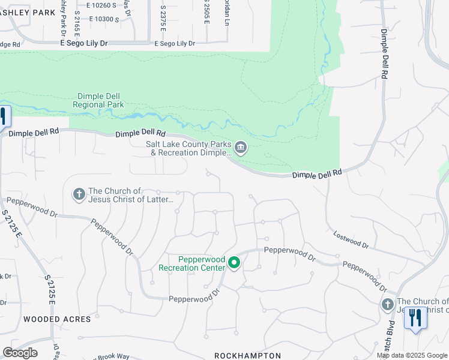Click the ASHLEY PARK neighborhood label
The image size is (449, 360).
coord(26,12)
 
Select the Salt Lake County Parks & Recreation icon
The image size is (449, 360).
coord(241,148)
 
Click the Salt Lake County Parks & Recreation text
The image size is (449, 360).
coord(188,148)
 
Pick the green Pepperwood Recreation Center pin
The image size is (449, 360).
coord(235,263)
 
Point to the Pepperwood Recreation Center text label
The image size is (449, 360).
coord(192,263)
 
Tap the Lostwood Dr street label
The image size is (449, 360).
coord(351,240)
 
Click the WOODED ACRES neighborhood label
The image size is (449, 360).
coord(57,319)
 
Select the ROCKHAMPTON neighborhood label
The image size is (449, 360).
coord(247,356)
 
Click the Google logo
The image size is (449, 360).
coord(20,353)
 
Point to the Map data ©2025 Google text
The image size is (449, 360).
coord(412,355)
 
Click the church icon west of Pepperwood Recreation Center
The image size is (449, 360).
coord(79,194)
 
